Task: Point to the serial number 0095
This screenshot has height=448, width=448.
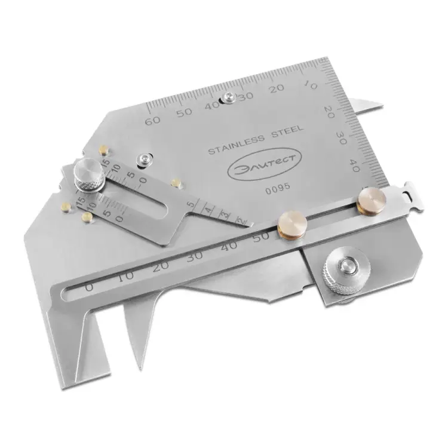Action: (x=278, y=188)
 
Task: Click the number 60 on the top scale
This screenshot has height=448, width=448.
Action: (x=152, y=121)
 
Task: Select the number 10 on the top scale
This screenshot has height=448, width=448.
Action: (x=310, y=85)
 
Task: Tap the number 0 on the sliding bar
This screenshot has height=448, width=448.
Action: (x=89, y=287)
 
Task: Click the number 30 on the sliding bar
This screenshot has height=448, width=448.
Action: (x=195, y=256)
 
